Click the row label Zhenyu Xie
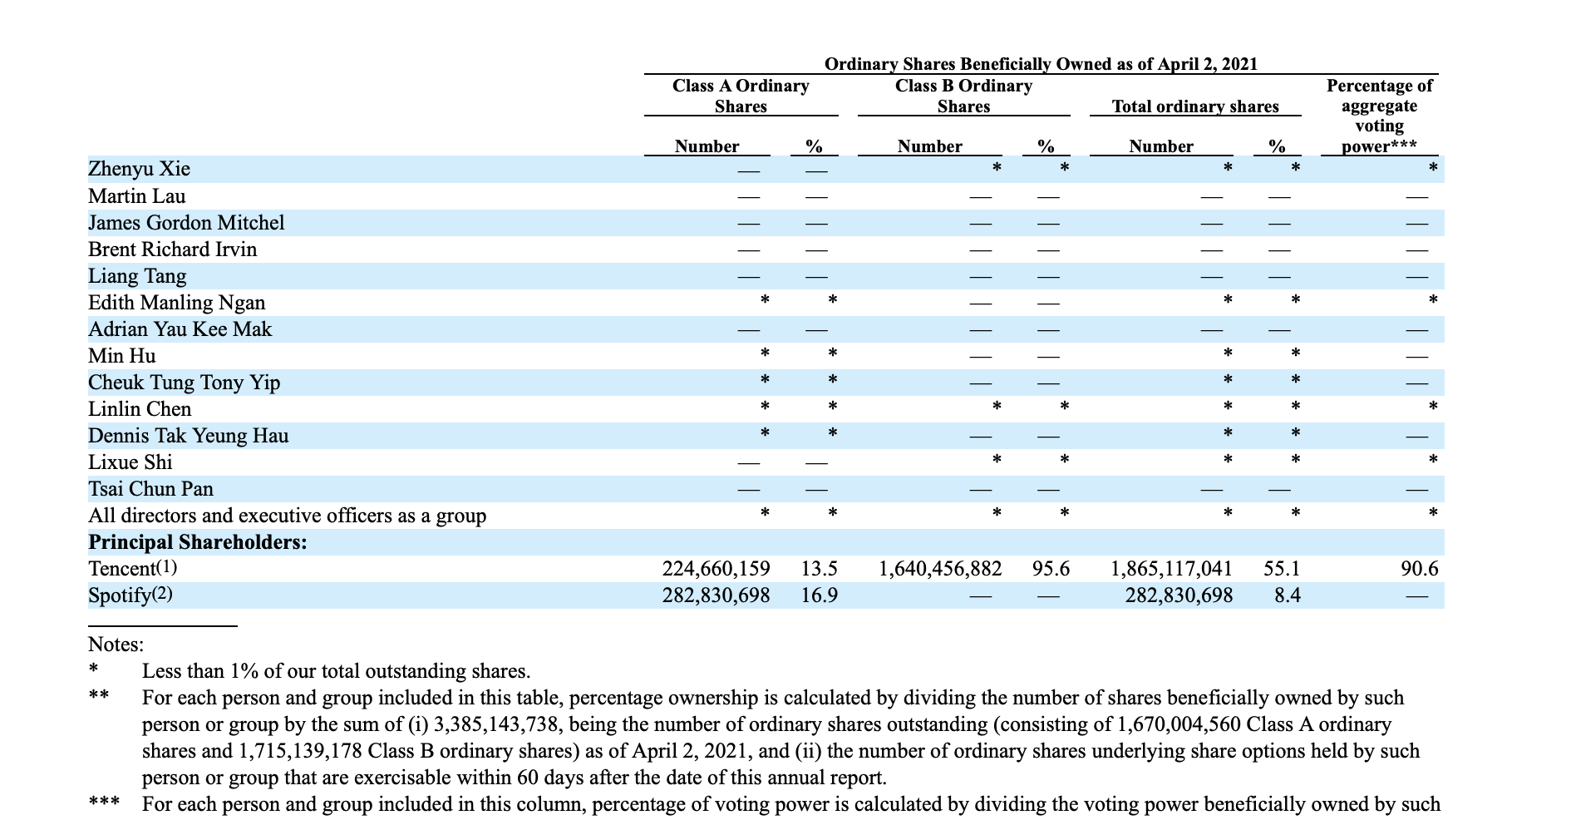coord(139,170)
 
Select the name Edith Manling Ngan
coord(176,303)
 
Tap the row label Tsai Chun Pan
coord(150,489)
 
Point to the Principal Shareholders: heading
coord(198,542)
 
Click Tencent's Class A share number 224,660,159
coord(716,569)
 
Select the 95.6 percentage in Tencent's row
coord(1051,569)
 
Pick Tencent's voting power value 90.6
coord(1419,569)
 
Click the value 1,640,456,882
coord(940,569)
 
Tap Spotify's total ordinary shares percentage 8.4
coord(1287,595)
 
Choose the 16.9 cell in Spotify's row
coord(819,595)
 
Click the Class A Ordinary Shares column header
coord(741,96)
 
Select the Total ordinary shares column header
coord(1195,106)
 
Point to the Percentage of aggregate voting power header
coord(1379,116)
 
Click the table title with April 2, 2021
coord(1041,64)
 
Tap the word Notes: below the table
coord(116,645)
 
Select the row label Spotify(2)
coord(131,595)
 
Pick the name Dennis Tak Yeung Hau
coord(189,436)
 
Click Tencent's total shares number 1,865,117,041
coord(1171,569)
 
